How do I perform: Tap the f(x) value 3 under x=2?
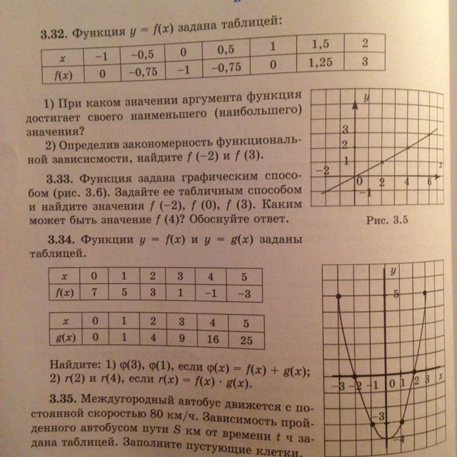tap(365, 61)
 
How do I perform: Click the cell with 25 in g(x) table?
tap(246, 341)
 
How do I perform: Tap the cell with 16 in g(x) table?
tap(213, 341)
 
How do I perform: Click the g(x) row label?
tap(64, 338)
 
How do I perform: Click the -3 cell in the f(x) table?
tap(244, 293)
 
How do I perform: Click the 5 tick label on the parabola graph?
tap(393, 293)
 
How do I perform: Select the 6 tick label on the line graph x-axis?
tap(430, 183)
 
